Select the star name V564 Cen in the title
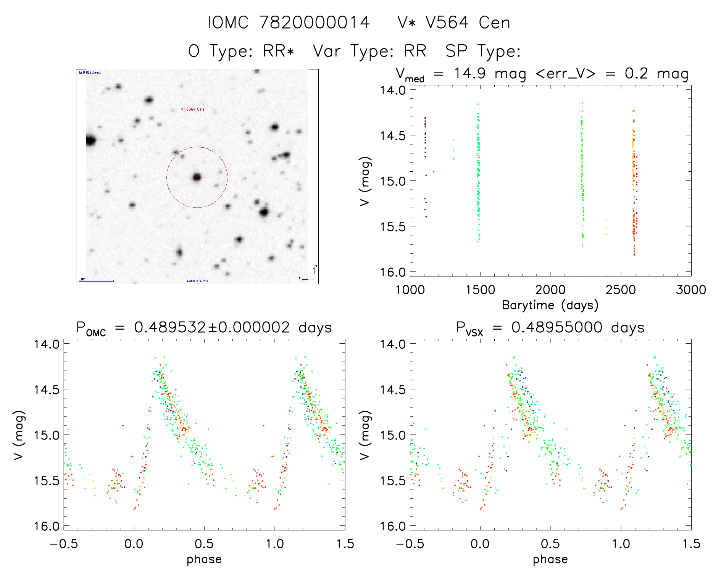click(468, 23)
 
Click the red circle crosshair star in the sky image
click(197, 177)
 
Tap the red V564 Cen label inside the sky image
click(192, 109)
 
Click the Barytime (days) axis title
click(550, 305)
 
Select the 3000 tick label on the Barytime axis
click(690, 290)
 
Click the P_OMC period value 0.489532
click(170, 328)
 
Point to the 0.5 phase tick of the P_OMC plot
click(204, 544)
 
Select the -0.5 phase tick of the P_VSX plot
click(410, 544)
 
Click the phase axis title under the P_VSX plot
click(550, 559)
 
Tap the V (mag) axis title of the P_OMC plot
click(19, 435)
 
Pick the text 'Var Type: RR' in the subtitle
click(369, 51)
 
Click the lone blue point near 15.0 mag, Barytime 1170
click(434, 172)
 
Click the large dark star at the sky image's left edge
click(90, 140)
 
